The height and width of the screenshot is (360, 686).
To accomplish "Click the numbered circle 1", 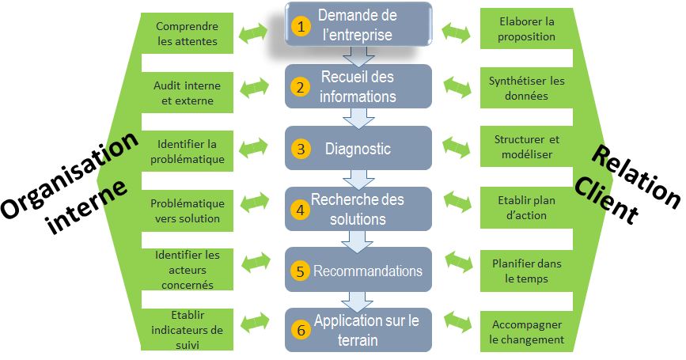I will [x=299, y=27].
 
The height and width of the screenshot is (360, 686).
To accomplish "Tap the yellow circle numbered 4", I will [x=299, y=210].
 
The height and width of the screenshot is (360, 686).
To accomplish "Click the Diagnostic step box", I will [x=358, y=148].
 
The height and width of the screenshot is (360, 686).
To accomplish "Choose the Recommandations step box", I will [x=358, y=271].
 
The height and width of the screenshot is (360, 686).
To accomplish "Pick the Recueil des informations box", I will [x=358, y=87].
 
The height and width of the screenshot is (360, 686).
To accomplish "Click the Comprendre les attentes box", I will [x=187, y=34].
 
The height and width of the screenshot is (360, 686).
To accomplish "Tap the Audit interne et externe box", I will [x=187, y=93].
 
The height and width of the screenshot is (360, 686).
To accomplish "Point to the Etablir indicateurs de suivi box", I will [x=187, y=330].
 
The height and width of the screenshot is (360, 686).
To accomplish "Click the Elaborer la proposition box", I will [x=527, y=29].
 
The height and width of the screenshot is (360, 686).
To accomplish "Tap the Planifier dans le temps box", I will [x=527, y=271].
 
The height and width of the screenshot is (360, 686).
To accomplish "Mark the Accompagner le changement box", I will [x=527, y=332].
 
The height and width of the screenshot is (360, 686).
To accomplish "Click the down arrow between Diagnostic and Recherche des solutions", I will [x=358, y=179].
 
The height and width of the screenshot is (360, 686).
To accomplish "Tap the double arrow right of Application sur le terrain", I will [x=457, y=320].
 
